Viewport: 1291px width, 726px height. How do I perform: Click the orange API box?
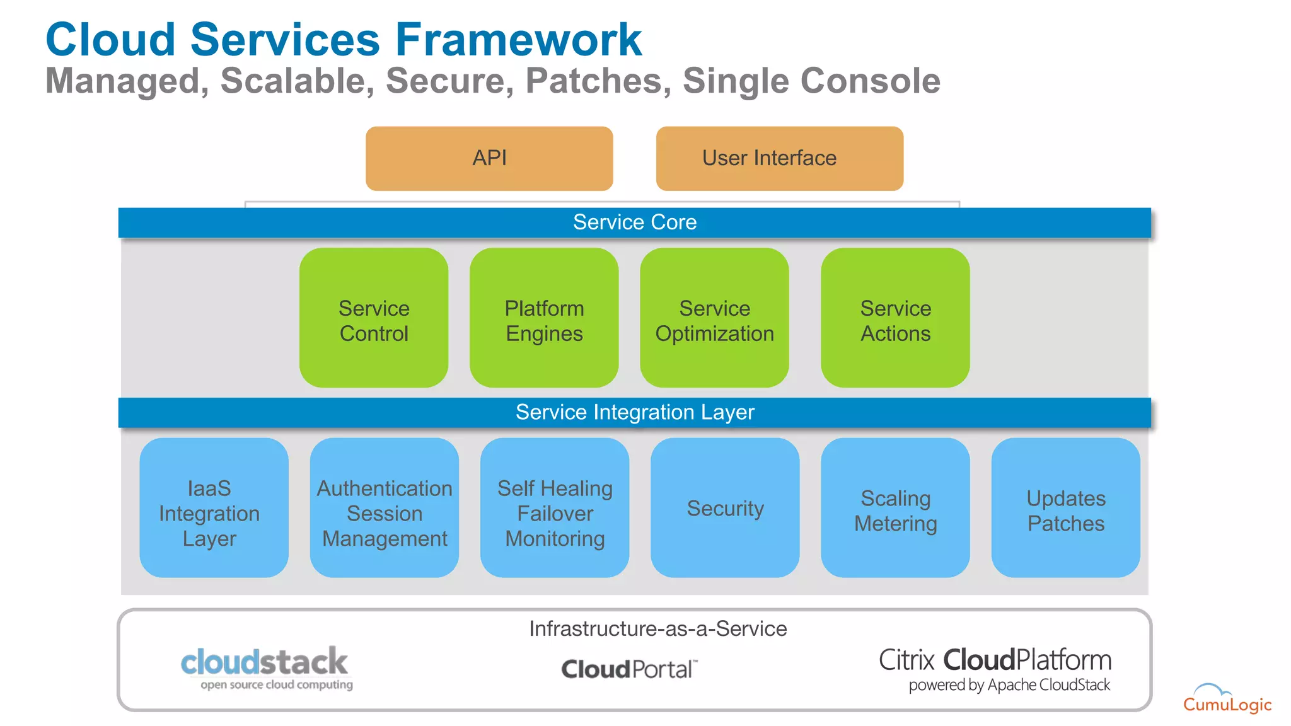coord(489,158)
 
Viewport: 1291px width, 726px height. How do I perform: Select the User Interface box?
coord(779,158)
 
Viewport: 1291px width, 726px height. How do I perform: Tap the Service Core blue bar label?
coord(634,222)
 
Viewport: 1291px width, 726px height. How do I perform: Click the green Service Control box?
coord(374,318)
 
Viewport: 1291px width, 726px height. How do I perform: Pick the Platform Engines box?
coord(544,318)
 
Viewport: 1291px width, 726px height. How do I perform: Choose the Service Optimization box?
coord(714,318)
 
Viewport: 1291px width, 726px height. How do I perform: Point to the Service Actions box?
coord(895,318)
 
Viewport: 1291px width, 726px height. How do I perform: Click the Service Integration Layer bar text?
coord(634,412)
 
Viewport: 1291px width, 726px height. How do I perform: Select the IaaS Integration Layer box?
coord(214,508)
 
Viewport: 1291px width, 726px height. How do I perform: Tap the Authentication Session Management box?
coord(384,508)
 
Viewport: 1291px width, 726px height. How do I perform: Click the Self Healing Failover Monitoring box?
coord(555,508)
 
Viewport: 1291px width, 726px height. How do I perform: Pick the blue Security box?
coord(725,508)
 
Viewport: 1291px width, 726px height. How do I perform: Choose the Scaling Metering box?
coord(895,508)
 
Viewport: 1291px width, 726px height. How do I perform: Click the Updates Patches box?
coord(1065,508)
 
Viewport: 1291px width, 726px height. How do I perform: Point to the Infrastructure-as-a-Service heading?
coord(657,628)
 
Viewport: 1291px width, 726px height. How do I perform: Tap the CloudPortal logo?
coord(629,669)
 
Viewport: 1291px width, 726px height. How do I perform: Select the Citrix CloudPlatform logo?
coord(995,668)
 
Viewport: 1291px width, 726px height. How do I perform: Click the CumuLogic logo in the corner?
coord(1226,699)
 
